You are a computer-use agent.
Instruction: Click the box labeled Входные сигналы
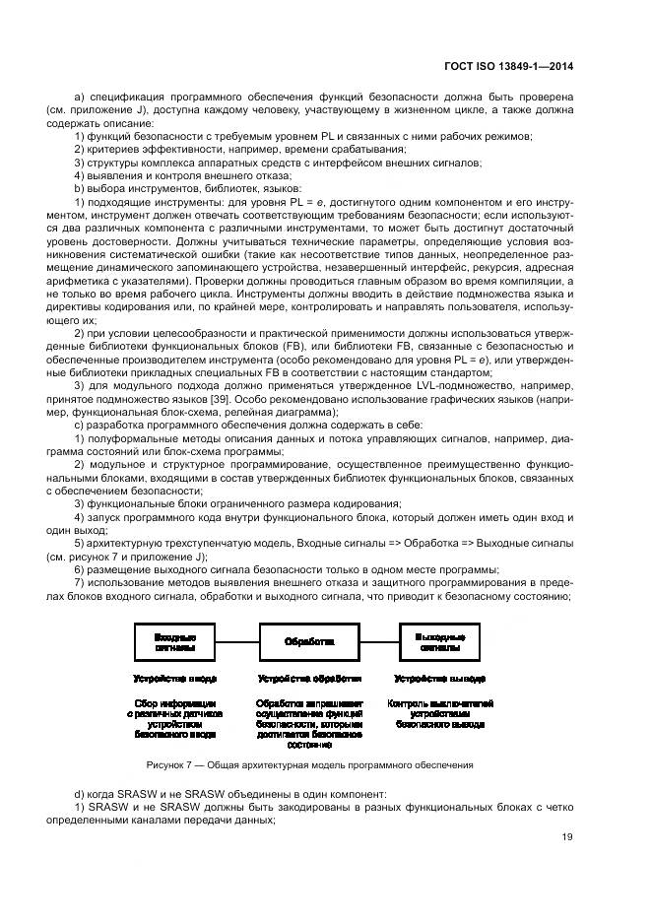[174, 642]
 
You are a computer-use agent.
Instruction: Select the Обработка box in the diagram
[308, 642]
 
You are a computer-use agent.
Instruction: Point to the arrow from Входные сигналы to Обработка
[237, 642]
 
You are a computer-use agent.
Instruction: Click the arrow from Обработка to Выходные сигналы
[376, 642]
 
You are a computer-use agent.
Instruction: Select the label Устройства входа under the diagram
[174, 680]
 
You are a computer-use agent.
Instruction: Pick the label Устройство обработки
[309, 680]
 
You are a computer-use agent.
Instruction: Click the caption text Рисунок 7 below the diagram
[308, 764]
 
